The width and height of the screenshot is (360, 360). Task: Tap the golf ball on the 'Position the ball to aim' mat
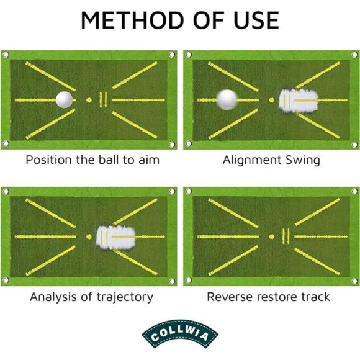click(64, 99)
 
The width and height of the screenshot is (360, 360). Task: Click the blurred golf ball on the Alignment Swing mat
click(227, 99)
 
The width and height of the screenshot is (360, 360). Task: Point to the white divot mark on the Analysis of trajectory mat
click(117, 236)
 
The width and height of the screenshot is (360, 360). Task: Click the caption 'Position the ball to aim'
click(92, 160)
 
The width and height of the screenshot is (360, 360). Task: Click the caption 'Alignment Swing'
click(271, 160)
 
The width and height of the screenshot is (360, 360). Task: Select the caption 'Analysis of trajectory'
click(91, 297)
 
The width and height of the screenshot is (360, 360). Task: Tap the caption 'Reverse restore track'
click(268, 297)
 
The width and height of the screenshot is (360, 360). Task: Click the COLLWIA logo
click(180, 335)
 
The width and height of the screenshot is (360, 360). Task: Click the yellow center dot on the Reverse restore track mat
click(271, 236)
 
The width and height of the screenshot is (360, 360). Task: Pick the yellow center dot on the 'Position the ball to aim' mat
click(89, 99)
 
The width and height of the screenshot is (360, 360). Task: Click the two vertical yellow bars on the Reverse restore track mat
click(286, 236)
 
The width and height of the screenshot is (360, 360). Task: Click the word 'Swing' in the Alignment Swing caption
click(302, 160)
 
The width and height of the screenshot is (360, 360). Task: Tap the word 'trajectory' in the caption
click(122, 297)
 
